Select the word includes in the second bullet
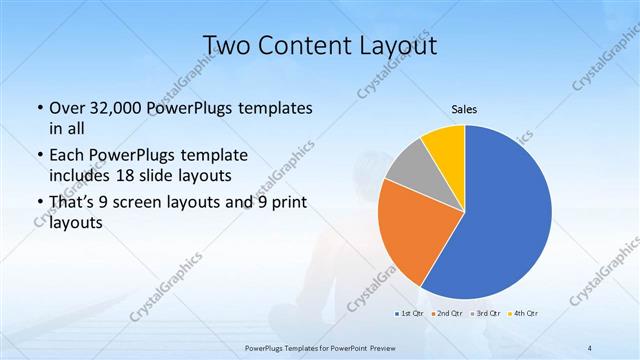[82, 177]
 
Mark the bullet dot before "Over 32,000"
[38, 108]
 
